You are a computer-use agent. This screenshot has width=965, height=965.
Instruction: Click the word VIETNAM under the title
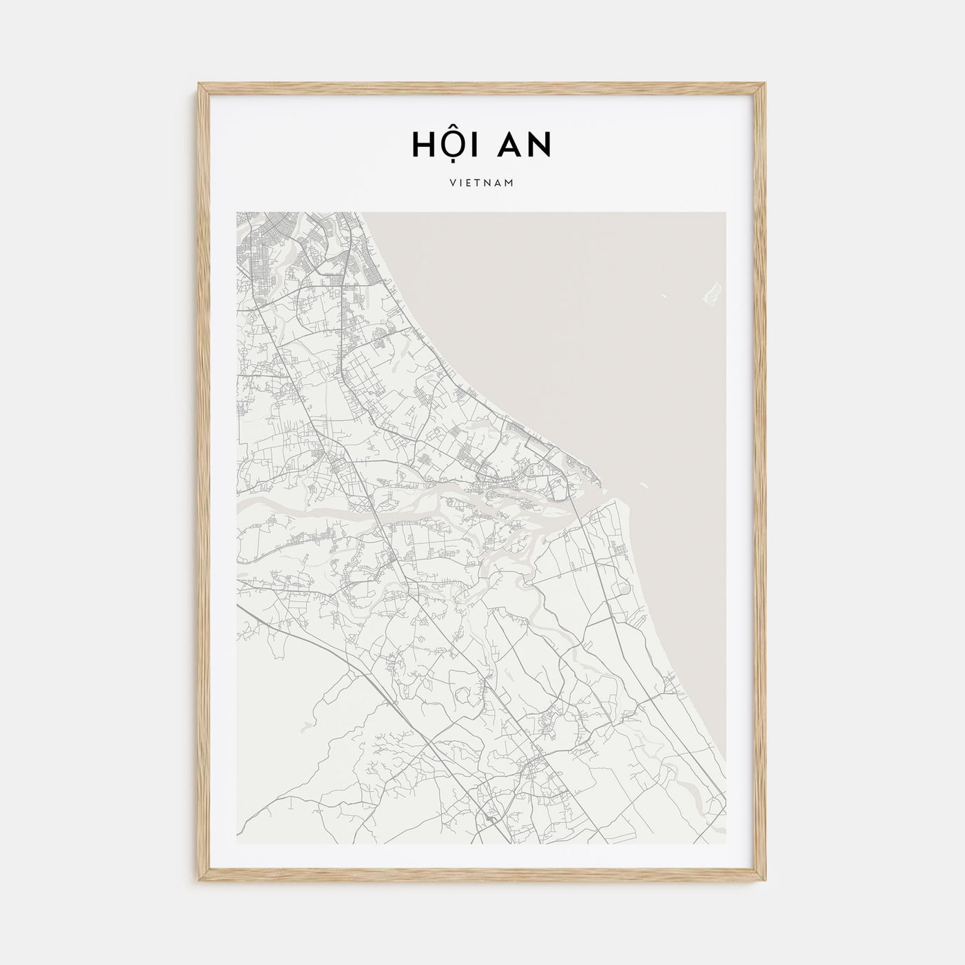pos(482,184)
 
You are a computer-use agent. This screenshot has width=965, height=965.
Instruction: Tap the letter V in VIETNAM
pos(451,184)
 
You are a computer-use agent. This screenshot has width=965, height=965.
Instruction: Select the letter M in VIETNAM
pos(511,184)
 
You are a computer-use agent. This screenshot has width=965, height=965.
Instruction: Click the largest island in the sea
pos(710,293)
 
